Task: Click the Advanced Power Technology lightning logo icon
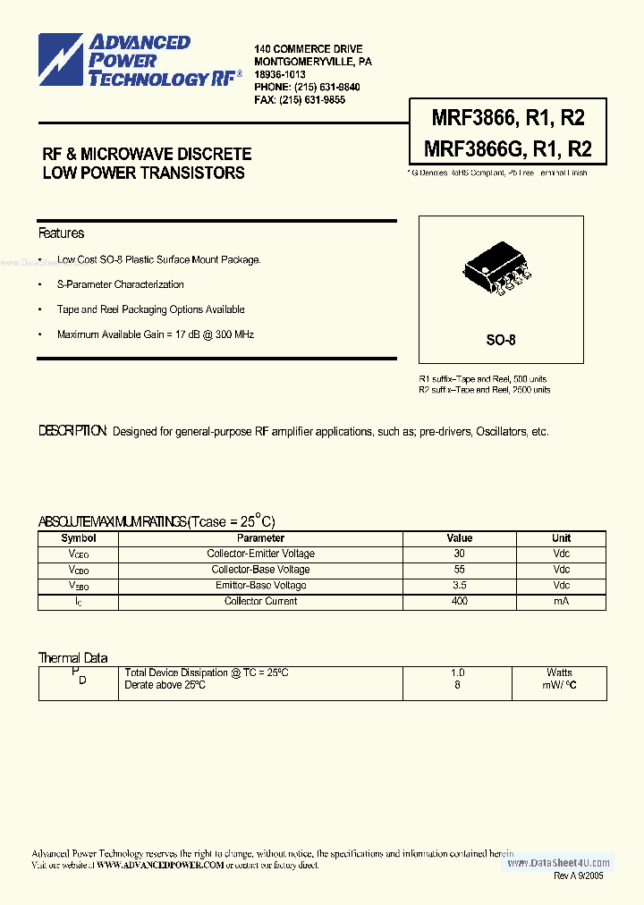(x=61, y=60)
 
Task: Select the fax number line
(x=300, y=100)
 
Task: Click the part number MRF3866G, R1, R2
(x=500, y=148)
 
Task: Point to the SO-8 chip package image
(x=497, y=269)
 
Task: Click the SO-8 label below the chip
(x=501, y=340)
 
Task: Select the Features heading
(x=61, y=233)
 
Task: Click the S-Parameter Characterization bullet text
(x=120, y=284)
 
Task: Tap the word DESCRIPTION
(x=73, y=431)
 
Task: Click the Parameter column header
(x=260, y=538)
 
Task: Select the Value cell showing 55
(x=460, y=570)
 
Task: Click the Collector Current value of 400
(x=460, y=601)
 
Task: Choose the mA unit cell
(x=561, y=601)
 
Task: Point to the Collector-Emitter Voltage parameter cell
(x=260, y=554)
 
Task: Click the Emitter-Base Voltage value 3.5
(x=460, y=586)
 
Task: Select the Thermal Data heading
(x=72, y=658)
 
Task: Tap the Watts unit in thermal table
(x=560, y=672)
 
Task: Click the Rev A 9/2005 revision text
(x=579, y=876)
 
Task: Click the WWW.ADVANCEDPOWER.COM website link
(x=159, y=865)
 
